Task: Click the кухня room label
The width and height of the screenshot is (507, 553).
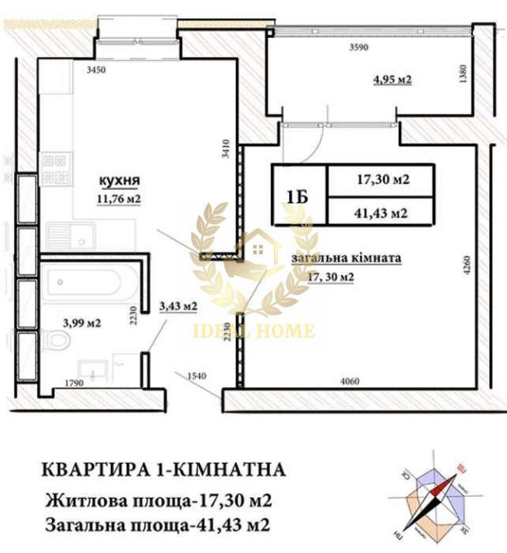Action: tap(119, 181)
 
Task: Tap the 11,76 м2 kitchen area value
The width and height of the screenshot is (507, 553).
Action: tap(118, 197)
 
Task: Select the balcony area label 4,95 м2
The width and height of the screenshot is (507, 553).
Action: tap(392, 80)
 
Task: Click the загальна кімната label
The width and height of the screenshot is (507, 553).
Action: tap(346, 258)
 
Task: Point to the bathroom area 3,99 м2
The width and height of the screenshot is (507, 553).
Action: tap(82, 324)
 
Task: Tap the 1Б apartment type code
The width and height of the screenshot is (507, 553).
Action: tap(299, 196)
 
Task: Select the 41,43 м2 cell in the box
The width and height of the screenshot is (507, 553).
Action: tap(381, 212)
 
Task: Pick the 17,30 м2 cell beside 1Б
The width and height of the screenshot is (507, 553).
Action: tap(381, 179)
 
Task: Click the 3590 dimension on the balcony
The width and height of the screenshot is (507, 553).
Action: tap(357, 48)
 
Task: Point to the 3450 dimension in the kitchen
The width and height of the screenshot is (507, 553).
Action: tap(97, 72)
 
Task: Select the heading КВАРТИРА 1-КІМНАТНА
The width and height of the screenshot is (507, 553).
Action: tap(164, 470)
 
